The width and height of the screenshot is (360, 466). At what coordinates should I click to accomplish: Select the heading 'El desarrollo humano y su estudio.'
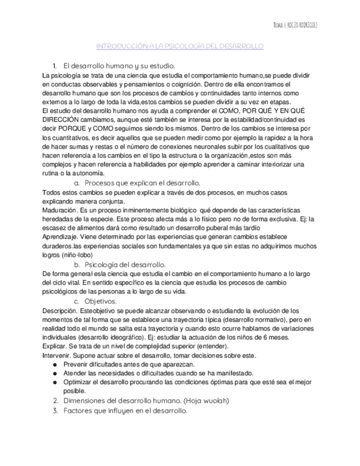[x=119, y=65]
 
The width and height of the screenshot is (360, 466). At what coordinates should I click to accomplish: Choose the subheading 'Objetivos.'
[x=101, y=302]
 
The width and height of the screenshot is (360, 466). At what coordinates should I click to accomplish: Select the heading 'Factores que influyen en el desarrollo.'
[x=125, y=410]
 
